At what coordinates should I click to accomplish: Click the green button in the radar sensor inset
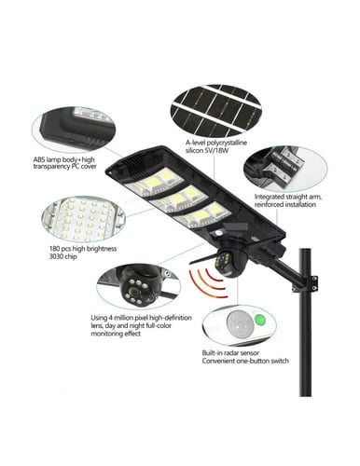259,320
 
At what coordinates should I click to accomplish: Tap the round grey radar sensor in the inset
240,323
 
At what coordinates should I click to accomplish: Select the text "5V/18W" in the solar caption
216,150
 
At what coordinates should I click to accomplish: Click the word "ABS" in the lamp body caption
39,159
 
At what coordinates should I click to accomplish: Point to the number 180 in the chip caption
55,249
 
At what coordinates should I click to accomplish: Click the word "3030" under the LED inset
56,257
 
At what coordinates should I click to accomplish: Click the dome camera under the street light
230,261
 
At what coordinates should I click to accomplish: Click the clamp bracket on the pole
306,284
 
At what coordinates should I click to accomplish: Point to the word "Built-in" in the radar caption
214,353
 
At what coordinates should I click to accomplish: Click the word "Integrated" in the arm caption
270,197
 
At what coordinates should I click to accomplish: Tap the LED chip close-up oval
84,218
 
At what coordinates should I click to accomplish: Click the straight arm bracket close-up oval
285,170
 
